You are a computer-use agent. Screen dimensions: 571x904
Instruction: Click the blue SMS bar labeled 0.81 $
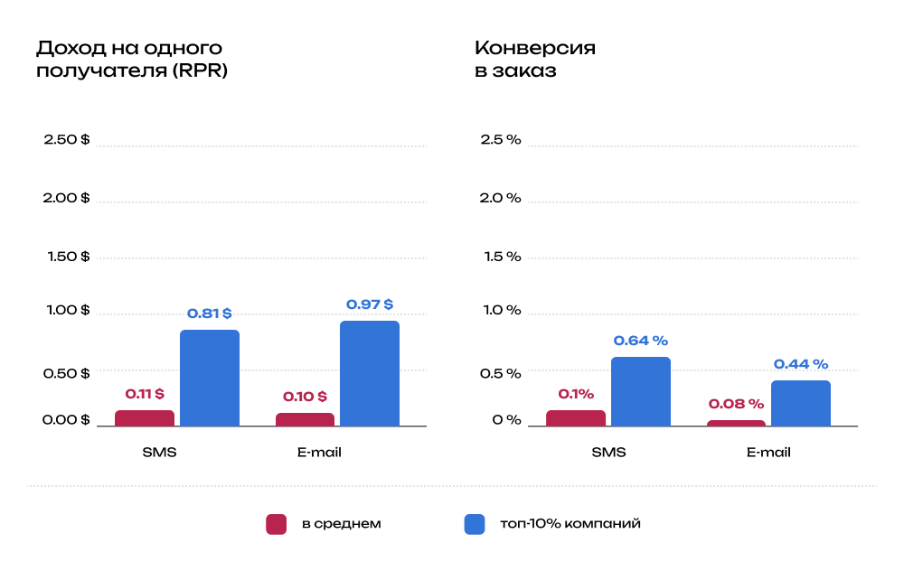[x=210, y=378]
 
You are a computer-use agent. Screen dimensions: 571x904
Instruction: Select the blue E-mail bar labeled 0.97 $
[x=370, y=373]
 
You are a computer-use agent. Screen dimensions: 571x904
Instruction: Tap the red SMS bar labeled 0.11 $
[x=145, y=417]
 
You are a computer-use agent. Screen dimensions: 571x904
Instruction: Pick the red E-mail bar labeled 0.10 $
[x=305, y=419]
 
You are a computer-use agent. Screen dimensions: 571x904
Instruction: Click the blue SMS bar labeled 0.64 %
[x=641, y=391]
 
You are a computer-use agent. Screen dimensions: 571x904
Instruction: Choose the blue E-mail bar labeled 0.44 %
[x=801, y=403]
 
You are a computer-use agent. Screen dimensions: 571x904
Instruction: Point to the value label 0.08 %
[x=736, y=404]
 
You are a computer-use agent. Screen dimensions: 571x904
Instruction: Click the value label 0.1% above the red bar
[x=576, y=394]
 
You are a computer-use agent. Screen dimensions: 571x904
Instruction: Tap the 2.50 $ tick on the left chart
[x=67, y=140]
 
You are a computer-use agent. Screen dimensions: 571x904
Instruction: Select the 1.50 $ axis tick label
[x=69, y=257]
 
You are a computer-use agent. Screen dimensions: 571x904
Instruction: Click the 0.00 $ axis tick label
[x=67, y=420]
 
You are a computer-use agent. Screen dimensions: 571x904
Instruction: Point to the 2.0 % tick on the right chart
[x=501, y=198]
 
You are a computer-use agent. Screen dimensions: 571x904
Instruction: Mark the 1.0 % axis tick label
[x=501, y=310]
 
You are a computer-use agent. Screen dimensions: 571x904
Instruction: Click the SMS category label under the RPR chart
[x=159, y=452]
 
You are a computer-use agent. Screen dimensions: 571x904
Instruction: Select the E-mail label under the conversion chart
[x=768, y=452]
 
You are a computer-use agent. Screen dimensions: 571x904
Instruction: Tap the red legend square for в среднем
[x=276, y=524]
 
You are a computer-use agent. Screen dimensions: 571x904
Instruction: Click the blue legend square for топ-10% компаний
[x=475, y=524]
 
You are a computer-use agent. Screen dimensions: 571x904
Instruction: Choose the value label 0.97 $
[x=370, y=304]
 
